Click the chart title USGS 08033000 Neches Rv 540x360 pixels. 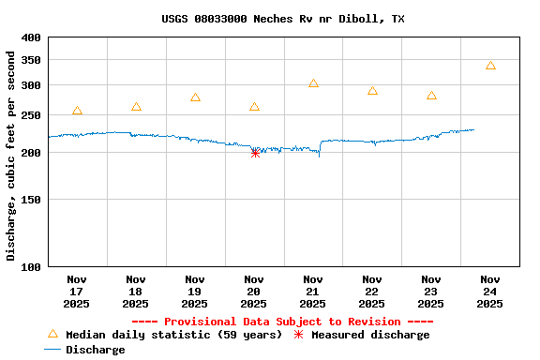pyautogui.click(x=283, y=19)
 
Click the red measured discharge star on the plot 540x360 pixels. pyautogui.click(x=255, y=153)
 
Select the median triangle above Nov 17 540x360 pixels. pyautogui.click(x=77, y=111)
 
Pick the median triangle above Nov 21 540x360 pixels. pyautogui.click(x=313, y=83)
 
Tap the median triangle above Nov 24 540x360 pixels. pyautogui.click(x=490, y=66)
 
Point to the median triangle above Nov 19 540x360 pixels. pyautogui.click(x=195, y=97)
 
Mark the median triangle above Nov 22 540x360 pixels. pyautogui.click(x=372, y=91)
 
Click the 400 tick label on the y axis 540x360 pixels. pyautogui.click(x=31, y=37)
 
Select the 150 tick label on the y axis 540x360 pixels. pyautogui.click(x=31, y=199)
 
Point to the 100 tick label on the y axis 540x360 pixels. pyautogui.click(x=31, y=266)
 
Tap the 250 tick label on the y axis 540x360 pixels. pyautogui.click(x=31, y=114)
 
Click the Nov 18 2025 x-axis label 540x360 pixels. pyautogui.click(x=136, y=291)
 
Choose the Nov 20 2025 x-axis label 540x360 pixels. pyautogui.click(x=254, y=291)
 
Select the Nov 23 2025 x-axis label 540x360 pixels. pyautogui.click(x=431, y=291)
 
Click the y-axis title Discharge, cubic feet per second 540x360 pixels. pyautogui.click(x=11, y=156)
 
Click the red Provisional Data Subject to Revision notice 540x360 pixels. pyautogui.click(x=282, y=322)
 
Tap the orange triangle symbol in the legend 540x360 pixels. pyautogui.click(x=52, y=334)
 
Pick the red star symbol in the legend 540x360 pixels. pyautogui.click(x=299, y=335)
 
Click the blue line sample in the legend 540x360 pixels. pyautogui.click(x=52, y=350)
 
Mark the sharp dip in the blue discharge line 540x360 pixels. pyautogui.click(x=319, y=155)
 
